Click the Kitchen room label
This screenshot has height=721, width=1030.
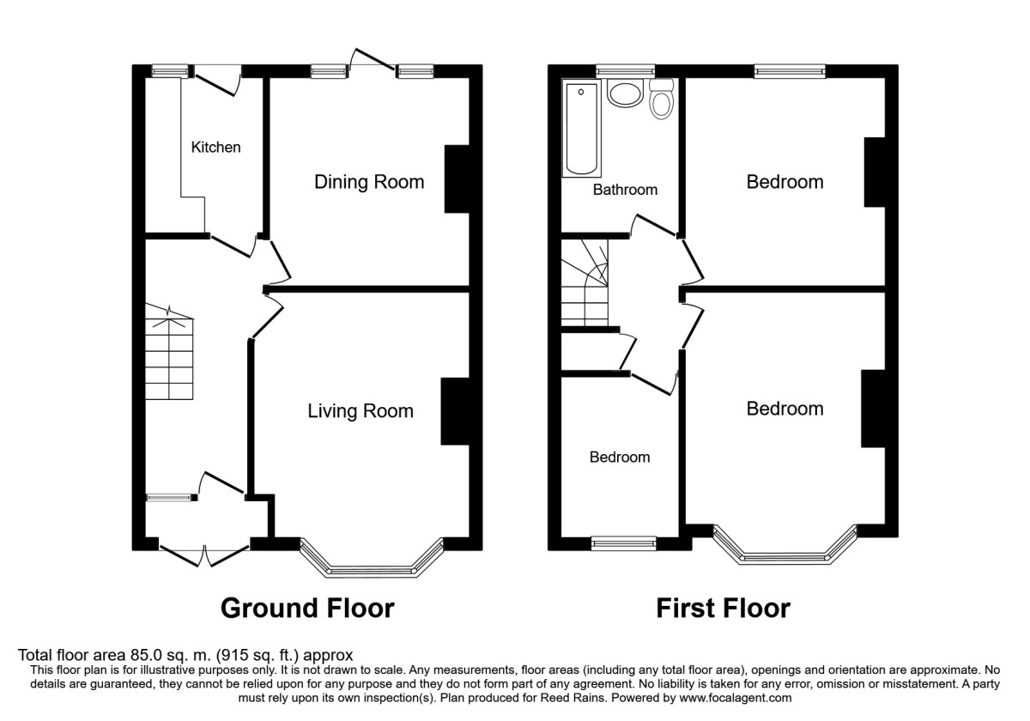215,147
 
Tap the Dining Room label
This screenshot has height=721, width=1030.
369,182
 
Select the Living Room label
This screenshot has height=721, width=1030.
360,411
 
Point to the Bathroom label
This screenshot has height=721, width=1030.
625,190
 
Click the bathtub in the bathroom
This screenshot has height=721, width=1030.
582,129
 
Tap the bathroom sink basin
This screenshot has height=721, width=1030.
625,94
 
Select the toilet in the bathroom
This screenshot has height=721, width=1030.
661,100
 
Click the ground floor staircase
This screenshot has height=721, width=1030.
169,352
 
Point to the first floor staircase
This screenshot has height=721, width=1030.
585,282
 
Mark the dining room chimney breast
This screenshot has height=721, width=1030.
457,179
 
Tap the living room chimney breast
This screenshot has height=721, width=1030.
455,411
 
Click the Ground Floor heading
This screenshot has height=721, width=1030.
307,609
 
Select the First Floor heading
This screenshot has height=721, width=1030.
724,609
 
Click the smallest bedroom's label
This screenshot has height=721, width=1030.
620,457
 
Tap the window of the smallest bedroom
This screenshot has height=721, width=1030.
624,543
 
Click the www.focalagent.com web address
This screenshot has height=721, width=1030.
736,698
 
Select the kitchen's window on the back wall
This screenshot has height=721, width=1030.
171,70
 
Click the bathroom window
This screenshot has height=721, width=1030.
626,70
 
